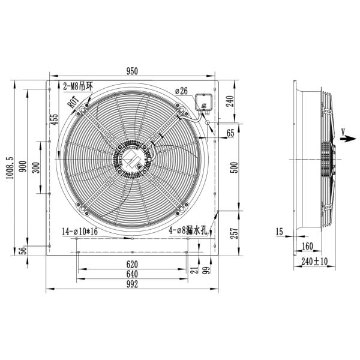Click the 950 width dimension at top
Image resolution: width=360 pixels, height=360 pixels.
(131, 71)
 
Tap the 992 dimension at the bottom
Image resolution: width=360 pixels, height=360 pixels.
(132, 285)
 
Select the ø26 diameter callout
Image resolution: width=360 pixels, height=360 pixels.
(181, 91)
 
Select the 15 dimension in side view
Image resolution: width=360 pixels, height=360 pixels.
(280, 232)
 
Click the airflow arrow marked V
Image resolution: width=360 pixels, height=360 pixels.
(346, 137)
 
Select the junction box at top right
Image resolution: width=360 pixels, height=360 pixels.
(205, 103)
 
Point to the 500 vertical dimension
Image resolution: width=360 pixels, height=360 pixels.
(235, 167)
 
